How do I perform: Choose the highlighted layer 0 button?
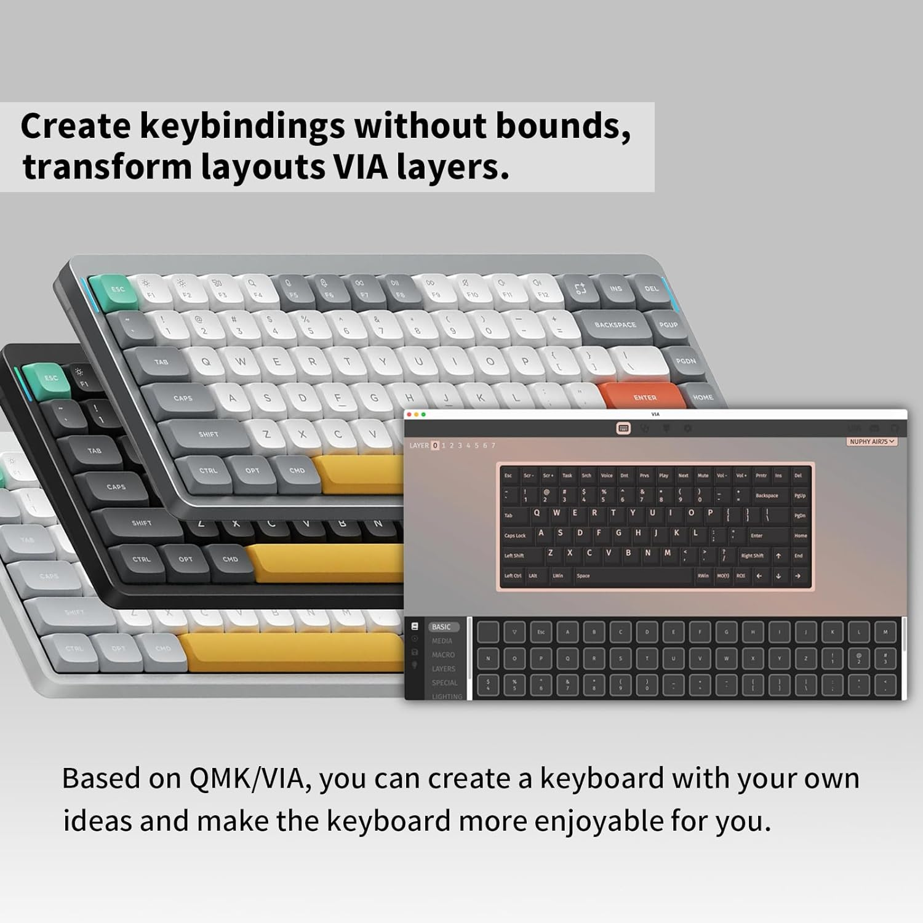[435, 446]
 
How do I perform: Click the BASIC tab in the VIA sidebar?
[441, 627]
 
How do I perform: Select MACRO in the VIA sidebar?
[443, 655]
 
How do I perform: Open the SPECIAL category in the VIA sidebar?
[444, 682]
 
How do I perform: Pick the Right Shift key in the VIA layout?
[752, 556]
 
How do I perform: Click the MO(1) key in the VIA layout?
[722, 576]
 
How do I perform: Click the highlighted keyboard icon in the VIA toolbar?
[623, 428]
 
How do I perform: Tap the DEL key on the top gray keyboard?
[651, 289]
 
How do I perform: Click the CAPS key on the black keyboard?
[115, 487]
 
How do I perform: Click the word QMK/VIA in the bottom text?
[246, 778]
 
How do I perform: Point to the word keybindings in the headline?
[242, 126]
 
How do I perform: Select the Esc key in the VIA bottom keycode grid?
[541, 632]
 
